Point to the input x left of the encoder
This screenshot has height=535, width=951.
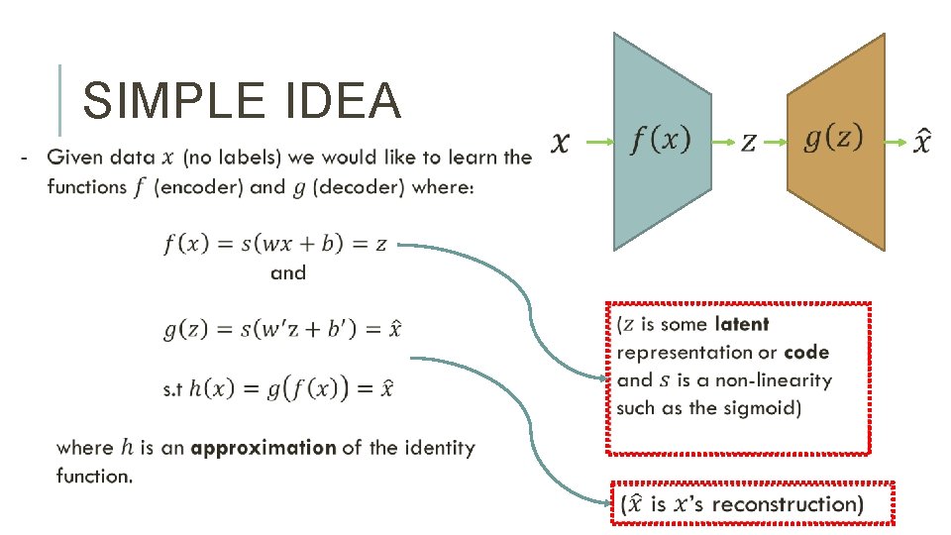[x=560, y=144]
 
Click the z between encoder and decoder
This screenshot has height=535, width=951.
[x=749, y=144]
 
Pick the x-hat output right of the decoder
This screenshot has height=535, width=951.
[x=921, y=142]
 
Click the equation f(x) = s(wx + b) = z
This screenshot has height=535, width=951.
[x=275, y=244]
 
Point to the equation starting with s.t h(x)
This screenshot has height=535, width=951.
[x=277, y=388]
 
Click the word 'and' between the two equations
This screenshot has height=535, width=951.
[x=288, y=272]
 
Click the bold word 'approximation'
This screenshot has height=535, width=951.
[x=264, y=448]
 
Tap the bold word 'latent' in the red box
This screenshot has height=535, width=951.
[x=741, y=324]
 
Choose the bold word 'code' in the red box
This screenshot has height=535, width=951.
[x=806, y=352]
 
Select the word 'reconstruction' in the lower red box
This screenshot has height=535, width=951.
[x=788, y=503]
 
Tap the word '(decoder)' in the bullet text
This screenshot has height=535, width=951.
[x=363, y=186]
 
